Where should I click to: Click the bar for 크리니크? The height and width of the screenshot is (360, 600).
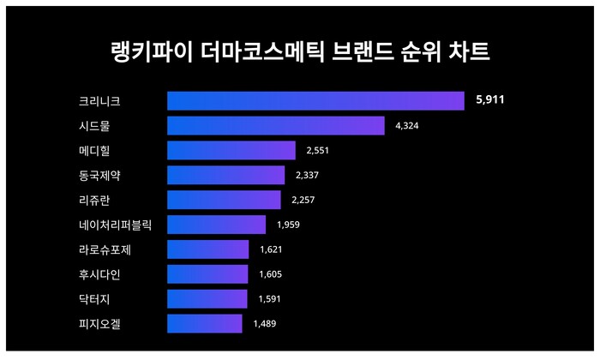tap(315, 101)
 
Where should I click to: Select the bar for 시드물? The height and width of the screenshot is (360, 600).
tap(275, 126)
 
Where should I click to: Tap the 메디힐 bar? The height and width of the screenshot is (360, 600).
tap(231, 151)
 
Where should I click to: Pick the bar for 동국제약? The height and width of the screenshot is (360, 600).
tap(225, 176)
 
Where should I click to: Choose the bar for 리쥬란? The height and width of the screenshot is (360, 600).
tap(224, 200)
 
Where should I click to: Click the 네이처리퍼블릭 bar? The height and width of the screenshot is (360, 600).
tap(216, 225)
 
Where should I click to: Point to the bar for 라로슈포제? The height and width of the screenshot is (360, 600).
tap(207, 249)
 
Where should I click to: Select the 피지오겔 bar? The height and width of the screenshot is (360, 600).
tap(204, 323)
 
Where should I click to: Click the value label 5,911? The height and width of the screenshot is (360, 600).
tap(489, 101)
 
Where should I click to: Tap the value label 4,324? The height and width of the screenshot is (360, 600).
tap(406, 126)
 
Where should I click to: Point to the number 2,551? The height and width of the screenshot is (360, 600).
tap(317, 151)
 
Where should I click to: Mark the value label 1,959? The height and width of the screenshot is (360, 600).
tap(288, 225)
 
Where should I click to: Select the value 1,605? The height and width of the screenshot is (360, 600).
tap(270, 274)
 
